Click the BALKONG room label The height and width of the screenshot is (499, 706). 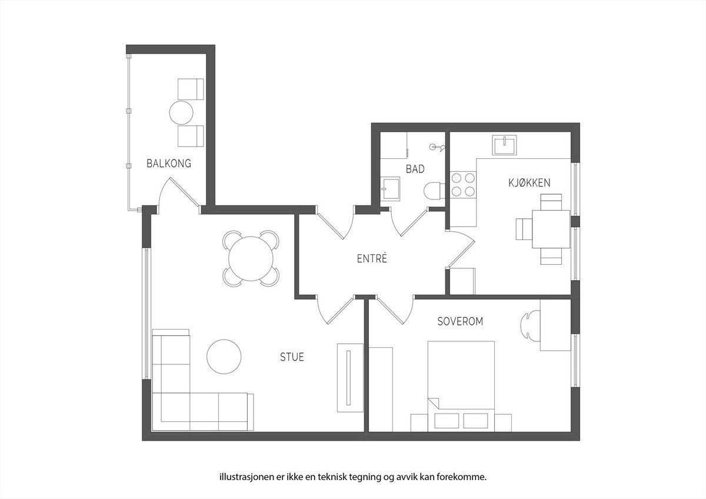[x=169, y=164]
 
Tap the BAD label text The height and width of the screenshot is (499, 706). [x=415, y=169]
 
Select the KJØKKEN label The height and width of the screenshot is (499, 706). [x=529, y=183]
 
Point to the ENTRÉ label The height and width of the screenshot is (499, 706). [x=372, y=258]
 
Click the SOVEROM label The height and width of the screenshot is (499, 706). [x=460, y=322]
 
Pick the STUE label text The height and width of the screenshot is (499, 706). [x=292, y=357]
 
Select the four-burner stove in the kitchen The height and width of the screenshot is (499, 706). [x=463, y=184]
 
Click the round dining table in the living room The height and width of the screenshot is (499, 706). [x=251, y=259]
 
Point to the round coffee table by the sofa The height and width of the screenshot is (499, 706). [x=224, y=355]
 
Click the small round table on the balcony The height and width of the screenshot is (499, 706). [x=182, y=112]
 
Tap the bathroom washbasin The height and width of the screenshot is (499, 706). [x=390, y=189]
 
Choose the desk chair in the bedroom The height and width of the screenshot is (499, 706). [x=529, y=325]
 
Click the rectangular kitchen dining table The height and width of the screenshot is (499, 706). [x=551, y=229]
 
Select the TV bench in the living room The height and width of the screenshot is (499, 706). [x=349, y=377]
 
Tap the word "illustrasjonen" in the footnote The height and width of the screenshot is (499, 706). [x=244, y=477]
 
